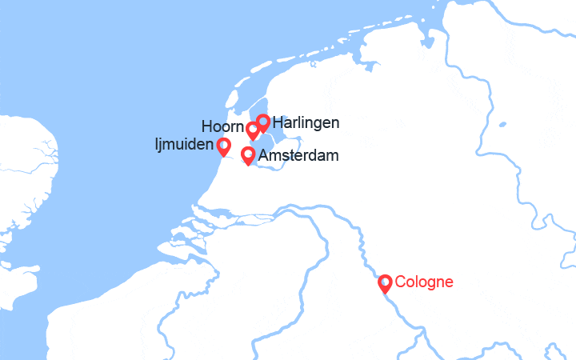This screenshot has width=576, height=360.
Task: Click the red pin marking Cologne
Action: click(x=385, y=283)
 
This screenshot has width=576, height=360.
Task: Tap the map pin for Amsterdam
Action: click(x=248, y=154)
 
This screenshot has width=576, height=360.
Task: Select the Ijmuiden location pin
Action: click(x=223, y=146)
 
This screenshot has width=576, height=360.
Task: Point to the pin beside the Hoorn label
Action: click(x=253, y=129)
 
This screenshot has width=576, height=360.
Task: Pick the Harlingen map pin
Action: click(x=262, y=122)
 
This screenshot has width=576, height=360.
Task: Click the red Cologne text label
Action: click(x=424, y=282)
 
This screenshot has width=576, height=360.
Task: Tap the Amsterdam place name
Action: click(x=298, y=155)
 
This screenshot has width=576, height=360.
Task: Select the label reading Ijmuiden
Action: click(x=184, y=146)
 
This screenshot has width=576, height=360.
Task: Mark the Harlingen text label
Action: click(x=306, y=123)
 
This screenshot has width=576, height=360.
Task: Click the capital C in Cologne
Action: click(x=400, y=282)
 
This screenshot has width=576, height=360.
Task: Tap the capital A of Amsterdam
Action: click(x=263, y=155)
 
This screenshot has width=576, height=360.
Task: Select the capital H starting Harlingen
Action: click(x=277, y=122)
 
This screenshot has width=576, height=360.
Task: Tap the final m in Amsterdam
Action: click(x=331, y=156)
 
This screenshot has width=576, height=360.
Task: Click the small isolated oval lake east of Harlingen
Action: click(x=502, y=125)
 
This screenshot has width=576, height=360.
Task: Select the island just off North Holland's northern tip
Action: click(x=233, y=99)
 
